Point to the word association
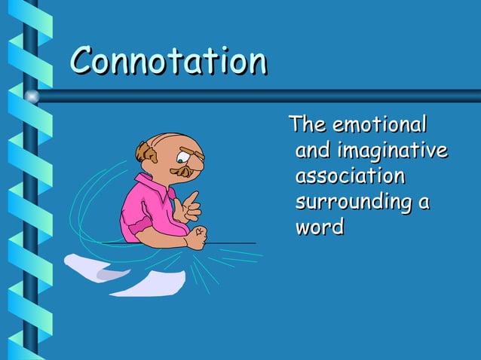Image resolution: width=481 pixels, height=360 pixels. (x=350, y=176)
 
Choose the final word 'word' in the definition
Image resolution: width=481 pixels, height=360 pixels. (x=319, y=227)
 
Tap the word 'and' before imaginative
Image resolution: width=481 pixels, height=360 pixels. (x=312, y=151)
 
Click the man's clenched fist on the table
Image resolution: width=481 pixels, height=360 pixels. (x=195, y=237)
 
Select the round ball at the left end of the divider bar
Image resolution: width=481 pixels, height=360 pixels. (x=32, y=96)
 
